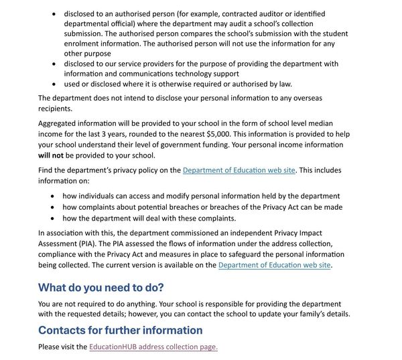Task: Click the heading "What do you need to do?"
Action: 100,288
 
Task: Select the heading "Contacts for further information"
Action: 120,330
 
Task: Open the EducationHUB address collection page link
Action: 153,347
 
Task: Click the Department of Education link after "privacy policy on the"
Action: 239,170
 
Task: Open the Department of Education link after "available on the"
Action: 275,265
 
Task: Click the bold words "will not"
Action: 52,156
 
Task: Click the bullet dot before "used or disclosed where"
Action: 54,84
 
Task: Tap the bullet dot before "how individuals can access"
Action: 54,196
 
